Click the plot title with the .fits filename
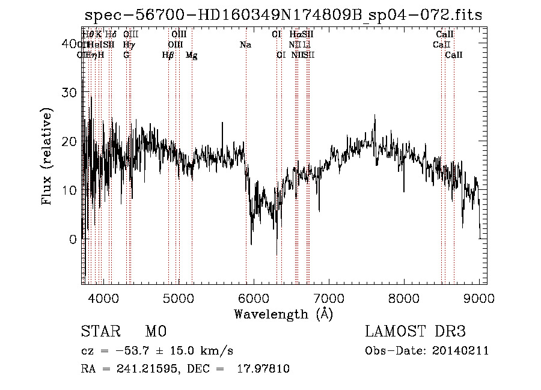(x=283, y=15)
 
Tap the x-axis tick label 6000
(x=253, y=298)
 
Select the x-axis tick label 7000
(x=328, y=298)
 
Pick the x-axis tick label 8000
(x=403, y=298)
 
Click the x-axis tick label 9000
(x=478, y=298)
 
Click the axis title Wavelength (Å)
(x=283, y=314)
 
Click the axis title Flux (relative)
(x=47, y=156)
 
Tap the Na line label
(x=245, y=45)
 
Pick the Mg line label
(x=191, y=55)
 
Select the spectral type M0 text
(x=155, y=332)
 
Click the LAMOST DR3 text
(x=415, y=332)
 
